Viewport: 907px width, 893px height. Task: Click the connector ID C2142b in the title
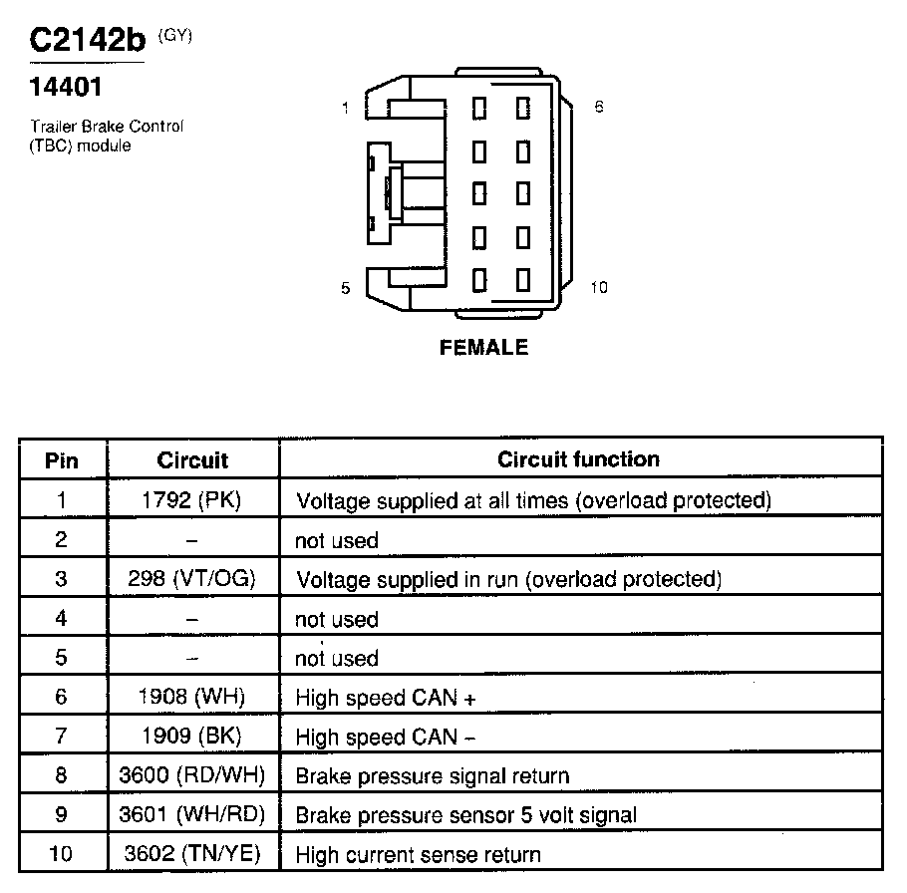[86, 41]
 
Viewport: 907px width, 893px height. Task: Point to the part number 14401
[66, 89]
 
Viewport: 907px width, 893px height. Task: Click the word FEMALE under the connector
[483, 348]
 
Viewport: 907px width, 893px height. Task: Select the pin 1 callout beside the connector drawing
[345, 109]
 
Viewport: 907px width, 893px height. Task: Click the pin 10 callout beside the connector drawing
[598, 287]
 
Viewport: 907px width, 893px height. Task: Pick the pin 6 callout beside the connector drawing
[598, 107]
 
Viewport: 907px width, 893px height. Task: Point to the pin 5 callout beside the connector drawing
[345, 288]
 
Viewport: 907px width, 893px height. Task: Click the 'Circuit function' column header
[578, 459]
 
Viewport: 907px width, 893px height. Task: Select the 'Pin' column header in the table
[62, 460]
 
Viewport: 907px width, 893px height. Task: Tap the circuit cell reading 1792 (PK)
[192, 499]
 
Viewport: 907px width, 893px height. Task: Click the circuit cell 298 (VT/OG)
[192, 579]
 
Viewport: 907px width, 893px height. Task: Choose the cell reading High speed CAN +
[386, 699]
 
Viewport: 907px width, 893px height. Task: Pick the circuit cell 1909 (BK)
[192, 738]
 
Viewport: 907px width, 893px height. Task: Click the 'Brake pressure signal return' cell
[433, 776]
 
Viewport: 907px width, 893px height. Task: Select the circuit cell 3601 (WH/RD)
[192, 815]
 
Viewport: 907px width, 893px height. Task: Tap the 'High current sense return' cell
[419, 855]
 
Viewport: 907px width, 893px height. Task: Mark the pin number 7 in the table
[62, 738]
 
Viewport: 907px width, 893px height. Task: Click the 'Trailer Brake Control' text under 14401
[107, 127]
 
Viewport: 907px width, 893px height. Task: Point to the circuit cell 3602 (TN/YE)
[192, 854]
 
